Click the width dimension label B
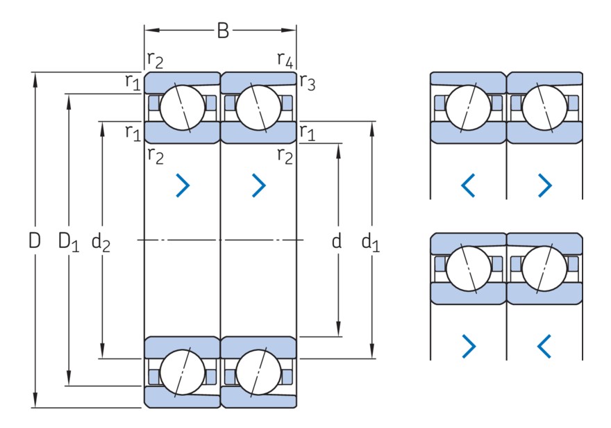(222, 31)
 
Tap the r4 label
(285, 60)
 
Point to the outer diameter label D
(34, 240)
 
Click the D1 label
(69, 242)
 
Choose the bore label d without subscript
(337, 240)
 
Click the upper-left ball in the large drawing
(183, 108)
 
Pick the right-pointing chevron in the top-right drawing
(545, 185)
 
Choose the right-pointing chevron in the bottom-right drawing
(469, 344)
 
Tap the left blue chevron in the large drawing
(183, 184)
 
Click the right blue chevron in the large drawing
(259, 184)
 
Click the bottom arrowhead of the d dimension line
(338, 331)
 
